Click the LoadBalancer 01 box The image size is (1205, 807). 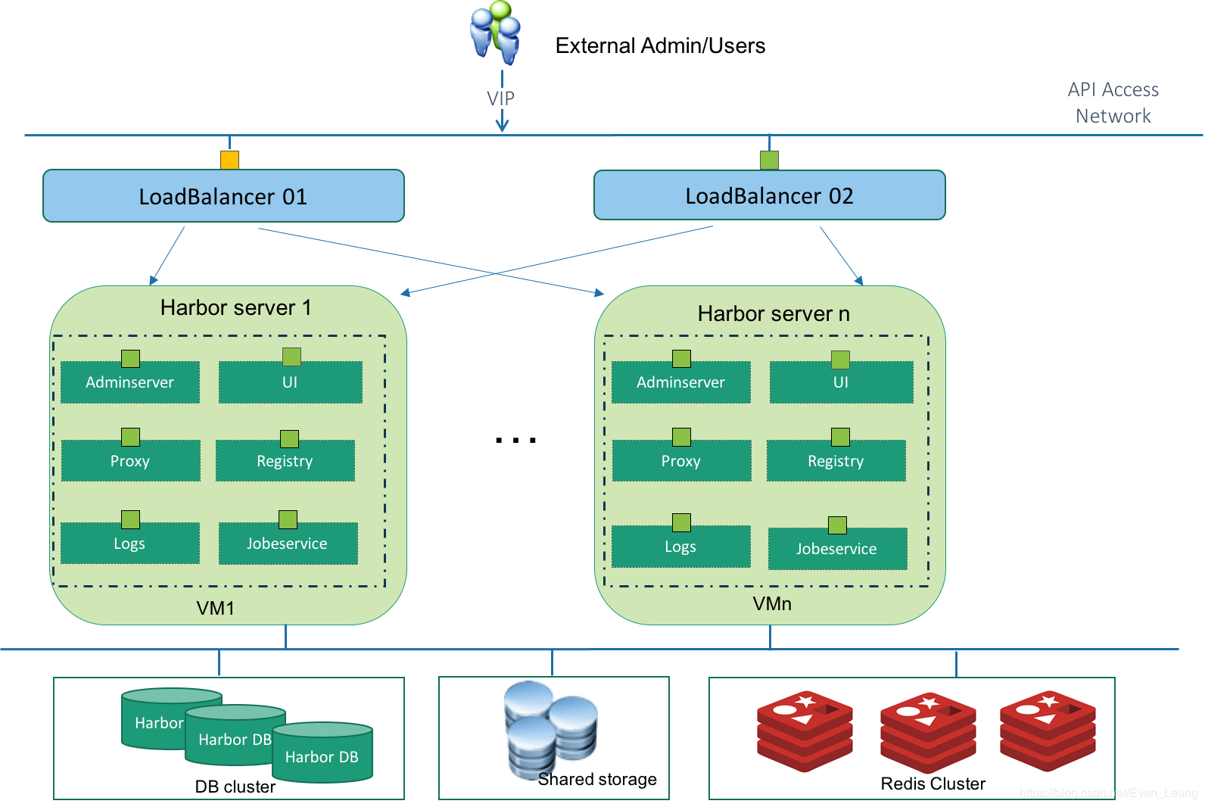point(223,196)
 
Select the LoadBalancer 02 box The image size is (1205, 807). point(769,195)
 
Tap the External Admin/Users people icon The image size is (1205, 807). point(496,33)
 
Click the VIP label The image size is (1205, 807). point(500,98)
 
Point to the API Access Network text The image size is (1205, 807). point(1113,103)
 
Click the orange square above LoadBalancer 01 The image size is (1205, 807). point(229,160)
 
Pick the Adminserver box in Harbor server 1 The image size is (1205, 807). point(130,382)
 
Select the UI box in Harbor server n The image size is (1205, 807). point(841,382)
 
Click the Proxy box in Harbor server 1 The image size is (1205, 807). point(130,461)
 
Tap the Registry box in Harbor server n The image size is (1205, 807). point(836,461)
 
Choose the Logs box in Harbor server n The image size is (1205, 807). point(680,547)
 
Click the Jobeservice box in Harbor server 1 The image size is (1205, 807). point(288,544)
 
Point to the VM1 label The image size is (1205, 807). point(216,608)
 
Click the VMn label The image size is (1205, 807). point(772,603)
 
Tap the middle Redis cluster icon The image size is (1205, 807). point(928,731)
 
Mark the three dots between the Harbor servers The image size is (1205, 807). point(515,440)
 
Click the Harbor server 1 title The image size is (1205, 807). point(235,307)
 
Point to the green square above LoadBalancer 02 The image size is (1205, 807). point(769,160)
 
